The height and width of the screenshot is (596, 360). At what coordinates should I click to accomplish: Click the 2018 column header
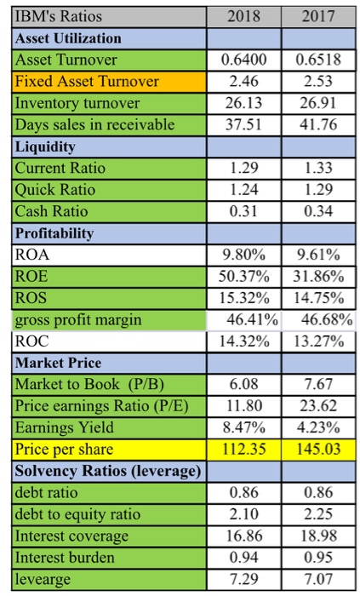243,16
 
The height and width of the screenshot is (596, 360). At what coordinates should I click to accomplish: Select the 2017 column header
318,16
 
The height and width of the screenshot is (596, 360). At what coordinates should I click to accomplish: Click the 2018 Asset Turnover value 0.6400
243,60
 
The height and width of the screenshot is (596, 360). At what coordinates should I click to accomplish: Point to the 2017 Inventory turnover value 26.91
318,103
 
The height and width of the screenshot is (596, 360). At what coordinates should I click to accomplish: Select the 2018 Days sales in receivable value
243,124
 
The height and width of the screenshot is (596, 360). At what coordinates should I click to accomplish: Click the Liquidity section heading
45,146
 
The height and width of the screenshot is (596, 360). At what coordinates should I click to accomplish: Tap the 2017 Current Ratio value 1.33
318,168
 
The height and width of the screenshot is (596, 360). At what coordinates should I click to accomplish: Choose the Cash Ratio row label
51,211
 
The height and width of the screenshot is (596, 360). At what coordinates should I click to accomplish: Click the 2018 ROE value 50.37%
243,277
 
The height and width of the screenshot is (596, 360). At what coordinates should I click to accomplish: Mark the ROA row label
31,255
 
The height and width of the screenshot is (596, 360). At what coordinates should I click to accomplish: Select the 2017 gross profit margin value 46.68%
327,320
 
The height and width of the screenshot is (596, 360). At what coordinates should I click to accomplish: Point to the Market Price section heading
58,363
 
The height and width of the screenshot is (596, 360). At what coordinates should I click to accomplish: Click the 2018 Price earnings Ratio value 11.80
244,406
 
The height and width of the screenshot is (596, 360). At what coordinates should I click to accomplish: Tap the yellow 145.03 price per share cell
318,450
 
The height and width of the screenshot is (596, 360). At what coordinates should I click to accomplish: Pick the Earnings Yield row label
64,427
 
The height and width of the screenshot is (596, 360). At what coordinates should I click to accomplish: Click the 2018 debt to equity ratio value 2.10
243,514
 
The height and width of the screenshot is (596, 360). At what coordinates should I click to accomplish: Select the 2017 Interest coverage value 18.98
318,536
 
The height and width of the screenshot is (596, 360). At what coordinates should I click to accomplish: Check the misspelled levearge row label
43,579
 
